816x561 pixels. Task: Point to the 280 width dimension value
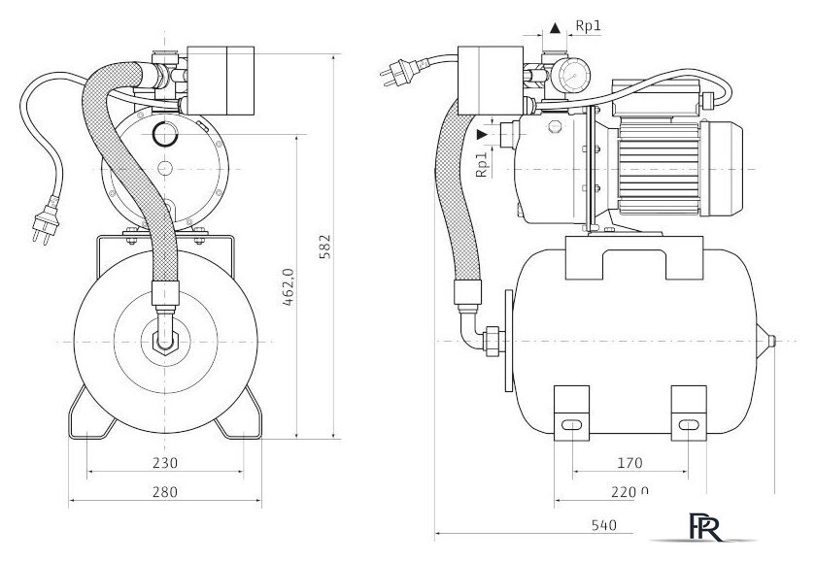pos(165,493)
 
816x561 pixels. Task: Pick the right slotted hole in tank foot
pos(688,425)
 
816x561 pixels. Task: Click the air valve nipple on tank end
pos(771,342)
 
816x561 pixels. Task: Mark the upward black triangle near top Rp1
pos(555,29)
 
